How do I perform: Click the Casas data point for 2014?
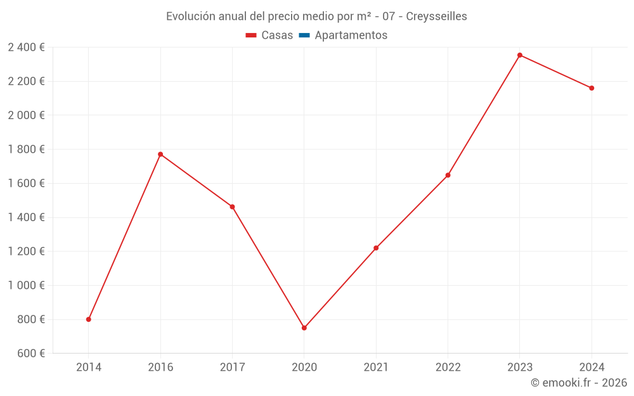[89, 319]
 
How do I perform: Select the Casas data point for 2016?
[160, 154]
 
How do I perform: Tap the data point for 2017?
[232, 207]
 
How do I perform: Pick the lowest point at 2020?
[304, 328]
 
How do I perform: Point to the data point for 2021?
[376, 248]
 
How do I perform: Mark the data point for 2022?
[448, 175]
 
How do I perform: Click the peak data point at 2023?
[520, 55]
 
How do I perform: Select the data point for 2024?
[592, 88]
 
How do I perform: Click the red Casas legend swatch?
[251, 35]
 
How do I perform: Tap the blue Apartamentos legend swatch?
[304, 35]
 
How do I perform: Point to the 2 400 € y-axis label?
[27, 47]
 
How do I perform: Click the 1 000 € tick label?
[27, 285]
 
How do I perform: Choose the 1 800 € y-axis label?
[27, 149]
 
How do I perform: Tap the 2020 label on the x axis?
[304, 367]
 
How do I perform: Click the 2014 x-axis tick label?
[89, 367]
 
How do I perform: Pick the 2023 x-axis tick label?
[520, 367]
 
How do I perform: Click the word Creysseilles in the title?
[436, 16]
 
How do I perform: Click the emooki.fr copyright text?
[579, 383]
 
